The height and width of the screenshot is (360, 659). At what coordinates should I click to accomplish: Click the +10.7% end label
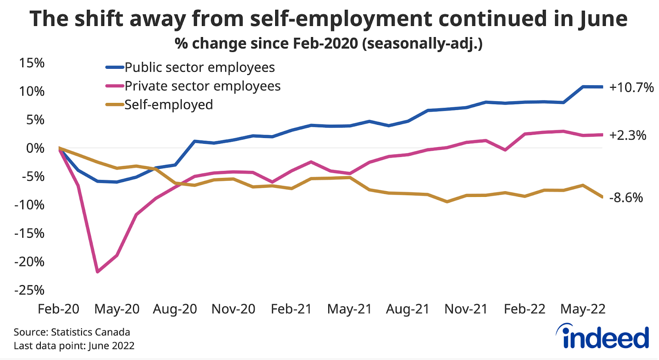[631, 88]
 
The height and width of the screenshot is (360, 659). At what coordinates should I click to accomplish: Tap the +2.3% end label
[628, 136]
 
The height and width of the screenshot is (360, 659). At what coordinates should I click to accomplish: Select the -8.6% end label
[626, 198]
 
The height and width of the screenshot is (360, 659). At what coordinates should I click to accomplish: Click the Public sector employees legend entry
[199, 68]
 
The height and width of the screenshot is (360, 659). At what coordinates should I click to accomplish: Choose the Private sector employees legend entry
[202, 86]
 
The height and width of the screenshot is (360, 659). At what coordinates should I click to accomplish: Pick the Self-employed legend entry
[168, 105]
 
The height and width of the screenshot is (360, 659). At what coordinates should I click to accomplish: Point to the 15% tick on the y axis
[32, 63]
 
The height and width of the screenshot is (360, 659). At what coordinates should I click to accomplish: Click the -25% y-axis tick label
[29, 290]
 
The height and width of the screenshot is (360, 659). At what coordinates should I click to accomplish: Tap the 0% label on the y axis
[35, 148]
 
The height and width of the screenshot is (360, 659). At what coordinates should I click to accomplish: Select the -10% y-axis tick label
[29, 205]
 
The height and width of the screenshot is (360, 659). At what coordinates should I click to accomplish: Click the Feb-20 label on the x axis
[58, 309]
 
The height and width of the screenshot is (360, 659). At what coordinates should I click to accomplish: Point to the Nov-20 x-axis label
[233, 309]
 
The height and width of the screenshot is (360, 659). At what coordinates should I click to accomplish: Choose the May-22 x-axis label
[583, 309]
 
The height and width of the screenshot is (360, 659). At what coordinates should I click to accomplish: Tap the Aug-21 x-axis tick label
[407, 309]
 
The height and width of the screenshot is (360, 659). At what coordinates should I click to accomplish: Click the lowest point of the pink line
[98, 272]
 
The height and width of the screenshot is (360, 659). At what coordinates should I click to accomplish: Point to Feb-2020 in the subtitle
[325, 43]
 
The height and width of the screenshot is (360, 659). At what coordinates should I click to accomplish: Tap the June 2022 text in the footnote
[111, 346]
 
